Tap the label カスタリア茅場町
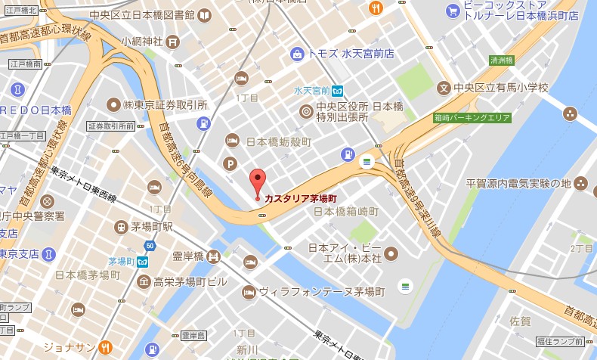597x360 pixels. point(300,198)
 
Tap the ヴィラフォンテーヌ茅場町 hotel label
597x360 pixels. point(322,291)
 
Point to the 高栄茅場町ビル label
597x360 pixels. point(190,282)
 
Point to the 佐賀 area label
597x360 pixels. point(521,321)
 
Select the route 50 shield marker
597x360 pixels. point(150,245)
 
